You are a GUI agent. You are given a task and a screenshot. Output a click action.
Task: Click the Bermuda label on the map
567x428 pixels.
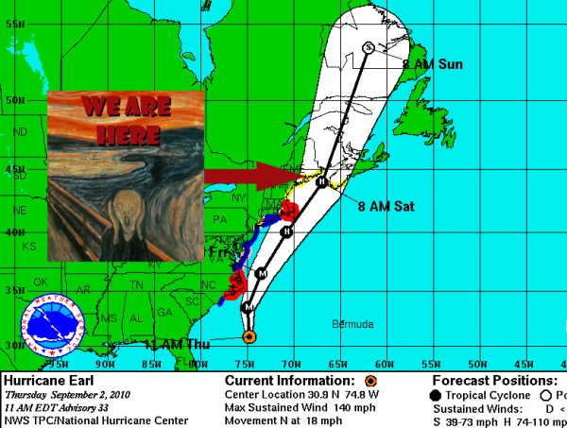click(352, 325)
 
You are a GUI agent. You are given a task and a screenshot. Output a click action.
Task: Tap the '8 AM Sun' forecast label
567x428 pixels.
click(433, 64)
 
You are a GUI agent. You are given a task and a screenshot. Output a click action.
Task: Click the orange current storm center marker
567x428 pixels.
click(249, 336)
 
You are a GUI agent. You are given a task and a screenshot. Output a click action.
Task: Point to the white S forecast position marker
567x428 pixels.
click(368, 47)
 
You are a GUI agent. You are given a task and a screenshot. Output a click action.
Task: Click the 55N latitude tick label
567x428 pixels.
click(13, 22)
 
